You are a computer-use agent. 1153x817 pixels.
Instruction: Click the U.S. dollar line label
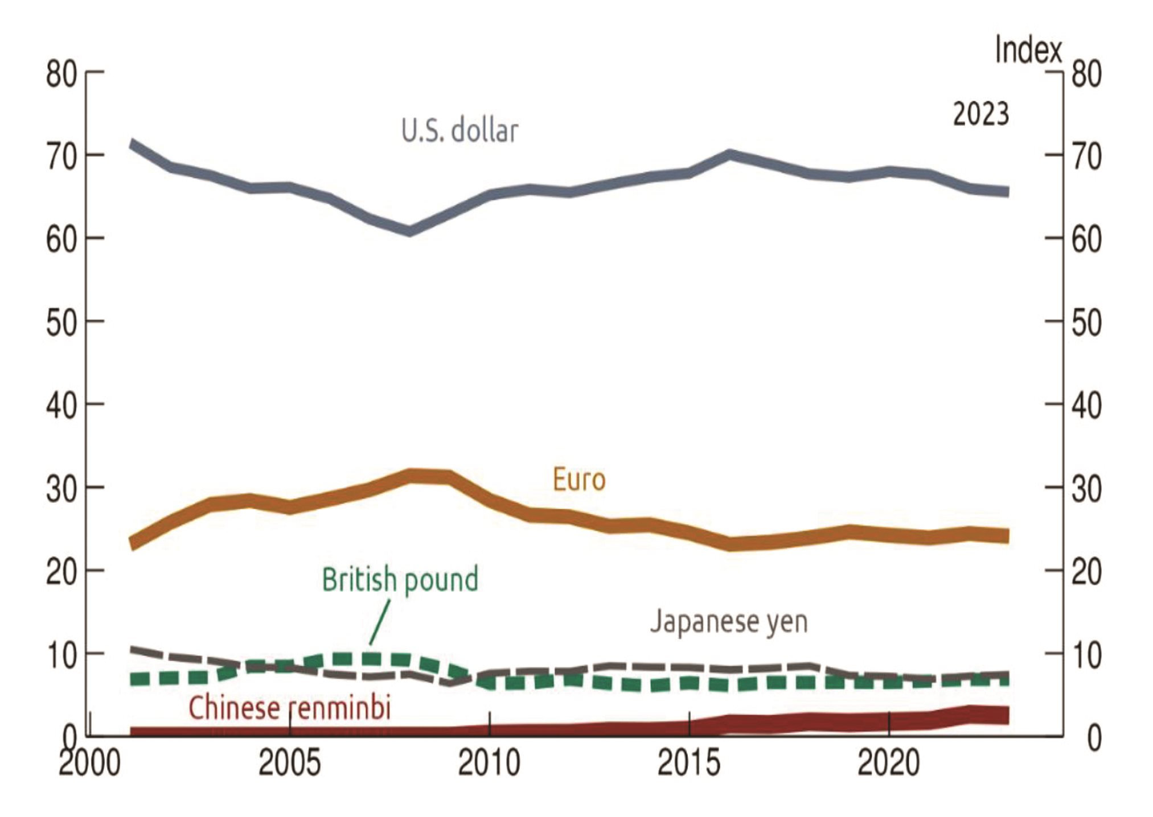tap(460, 131)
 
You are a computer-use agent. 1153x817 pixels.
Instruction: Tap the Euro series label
tap(579, 480)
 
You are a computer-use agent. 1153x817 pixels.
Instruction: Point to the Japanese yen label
tap(729, 621)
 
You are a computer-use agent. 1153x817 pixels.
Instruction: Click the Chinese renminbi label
tap(290, 708)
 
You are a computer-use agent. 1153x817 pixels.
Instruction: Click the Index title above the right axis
tap(1028, 50)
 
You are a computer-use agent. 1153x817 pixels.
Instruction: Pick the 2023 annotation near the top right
tap(981, 114)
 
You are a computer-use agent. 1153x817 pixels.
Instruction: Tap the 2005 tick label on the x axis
tap(289, 763)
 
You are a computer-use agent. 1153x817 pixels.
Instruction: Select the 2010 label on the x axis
tap(489, 763)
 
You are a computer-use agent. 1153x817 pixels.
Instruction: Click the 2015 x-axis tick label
tap(689, 763)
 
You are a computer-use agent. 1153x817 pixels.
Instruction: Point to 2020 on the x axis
tap(889, 763)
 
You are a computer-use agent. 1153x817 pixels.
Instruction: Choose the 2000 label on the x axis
tap(89, 763)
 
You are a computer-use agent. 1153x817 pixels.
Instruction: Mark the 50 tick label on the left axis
tap(61, 323)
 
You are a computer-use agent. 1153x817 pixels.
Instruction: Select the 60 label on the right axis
tap(1086, 240)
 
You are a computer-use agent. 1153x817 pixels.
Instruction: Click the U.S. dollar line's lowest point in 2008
tap(409, 231)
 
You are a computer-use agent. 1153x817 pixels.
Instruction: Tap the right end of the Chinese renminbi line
tap(1008, 716)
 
